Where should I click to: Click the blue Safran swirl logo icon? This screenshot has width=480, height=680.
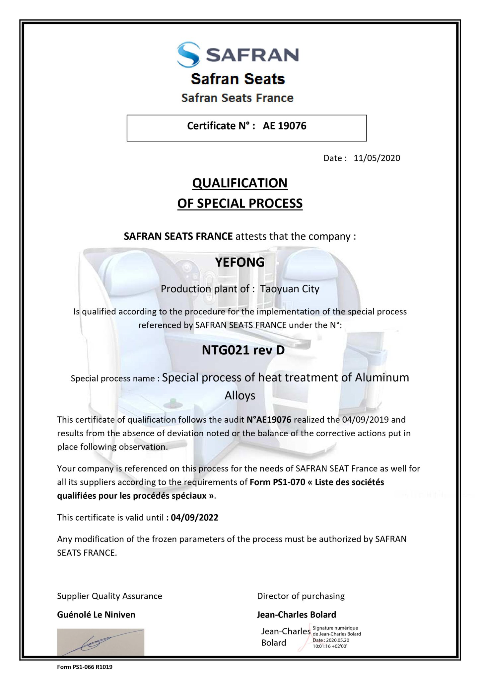[x=188, y=54]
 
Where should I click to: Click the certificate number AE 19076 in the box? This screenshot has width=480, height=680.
[x=284, y=126]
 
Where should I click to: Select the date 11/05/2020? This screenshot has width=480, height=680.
[x=377, y=158]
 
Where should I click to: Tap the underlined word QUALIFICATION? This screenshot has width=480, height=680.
[x=240, y=183]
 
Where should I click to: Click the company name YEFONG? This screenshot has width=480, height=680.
[x=240, y=262]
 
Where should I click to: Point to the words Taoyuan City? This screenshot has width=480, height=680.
[x=290, y=289]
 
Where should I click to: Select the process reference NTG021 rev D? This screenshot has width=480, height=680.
[x=243, y=350]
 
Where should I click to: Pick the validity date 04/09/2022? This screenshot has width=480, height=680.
[x=194, y=517]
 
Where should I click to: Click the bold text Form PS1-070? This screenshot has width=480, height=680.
[x=277, y=482]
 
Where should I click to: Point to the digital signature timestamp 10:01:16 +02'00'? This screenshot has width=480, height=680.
[x=330, y=646]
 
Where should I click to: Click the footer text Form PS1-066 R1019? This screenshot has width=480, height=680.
[x=85, y=667]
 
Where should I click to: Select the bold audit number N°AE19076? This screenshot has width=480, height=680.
[x=269, y=420]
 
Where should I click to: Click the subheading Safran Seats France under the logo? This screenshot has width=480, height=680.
[x=238, y=98]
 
